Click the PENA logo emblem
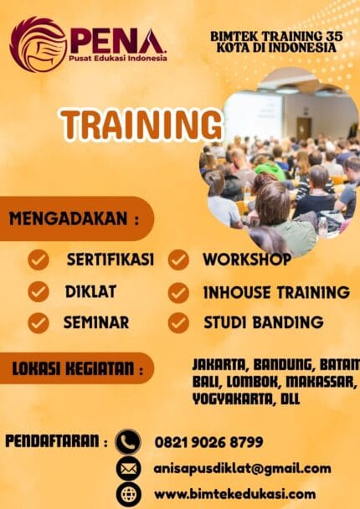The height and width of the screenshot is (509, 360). coord(38,44)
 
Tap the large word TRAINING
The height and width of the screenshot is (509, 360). coord(141,125)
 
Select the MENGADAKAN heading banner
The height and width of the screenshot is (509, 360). coord(75,219)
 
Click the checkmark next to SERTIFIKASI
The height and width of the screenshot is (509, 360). coord(39,260)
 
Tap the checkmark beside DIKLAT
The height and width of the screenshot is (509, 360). coord(39,291)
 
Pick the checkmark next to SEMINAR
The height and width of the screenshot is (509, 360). coord(39,322)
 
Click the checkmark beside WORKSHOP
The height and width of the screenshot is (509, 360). coord(178,260)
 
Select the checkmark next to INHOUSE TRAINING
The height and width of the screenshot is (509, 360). coord(178,292)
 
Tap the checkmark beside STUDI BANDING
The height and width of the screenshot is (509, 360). coord(178,322)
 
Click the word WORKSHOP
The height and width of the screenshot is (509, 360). coord(247,260)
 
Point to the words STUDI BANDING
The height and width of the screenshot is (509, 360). coord(263,322)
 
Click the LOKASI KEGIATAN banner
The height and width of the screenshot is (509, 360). coord(75,368)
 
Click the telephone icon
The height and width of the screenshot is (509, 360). coord(128,441)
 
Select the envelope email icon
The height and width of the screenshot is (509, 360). coord(128,468)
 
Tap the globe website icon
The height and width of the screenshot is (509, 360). coord(128,494)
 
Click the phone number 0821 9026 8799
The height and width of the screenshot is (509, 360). coord(208,441)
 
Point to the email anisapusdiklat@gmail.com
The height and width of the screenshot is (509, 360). coord(242,468)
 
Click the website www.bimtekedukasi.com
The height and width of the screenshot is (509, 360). coord(234,494)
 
